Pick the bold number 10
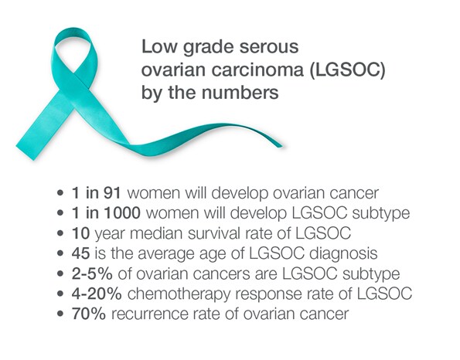pyautogui.click(x=81, y=229)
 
